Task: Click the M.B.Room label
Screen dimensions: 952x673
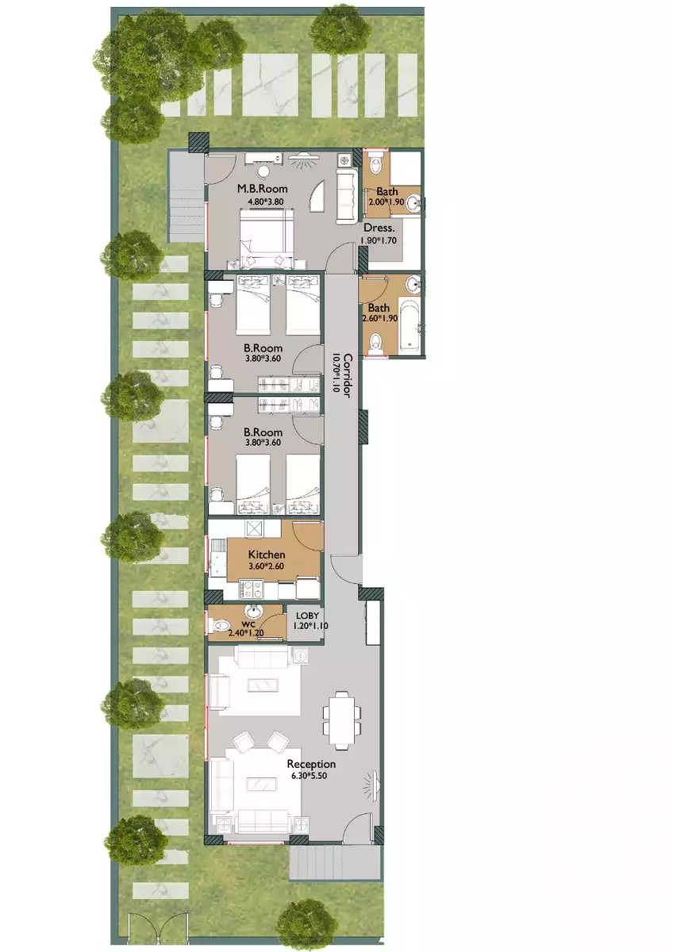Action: [x=263, y=189]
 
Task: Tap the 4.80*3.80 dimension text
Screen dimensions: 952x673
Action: [x=263, y=201]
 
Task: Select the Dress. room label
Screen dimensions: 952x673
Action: [x=379, y=227]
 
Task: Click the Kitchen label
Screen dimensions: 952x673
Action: [x=267, y=555]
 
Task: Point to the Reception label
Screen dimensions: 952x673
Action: [x=311, y=764]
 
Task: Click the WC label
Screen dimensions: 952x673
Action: [x=237, y=624]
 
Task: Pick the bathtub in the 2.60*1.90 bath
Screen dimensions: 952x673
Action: [x=409, y=326]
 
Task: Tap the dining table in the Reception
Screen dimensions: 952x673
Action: [x=342, y=720]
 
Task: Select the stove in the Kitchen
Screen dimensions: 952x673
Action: [x=252, y=589]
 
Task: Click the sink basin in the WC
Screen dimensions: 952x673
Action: [x=253, y=612]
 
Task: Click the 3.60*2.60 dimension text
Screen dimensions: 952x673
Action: [x=267, y=566]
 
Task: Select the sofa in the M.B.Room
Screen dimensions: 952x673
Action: [x=347, y=196]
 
